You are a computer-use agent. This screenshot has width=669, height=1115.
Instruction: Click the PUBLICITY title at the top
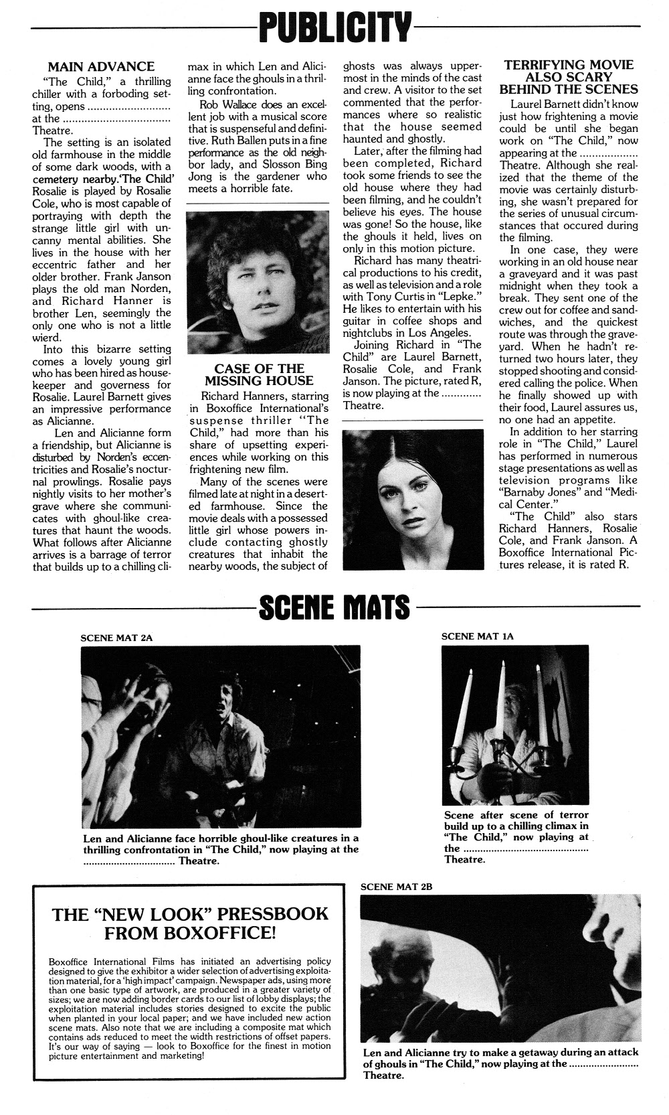coord(335,28)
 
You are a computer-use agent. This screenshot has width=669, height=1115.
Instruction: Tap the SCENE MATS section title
coord(334,607)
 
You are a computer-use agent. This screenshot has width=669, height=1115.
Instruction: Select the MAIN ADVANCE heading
coord(101,66)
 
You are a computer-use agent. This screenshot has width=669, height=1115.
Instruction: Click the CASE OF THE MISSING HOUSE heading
coord(259,374)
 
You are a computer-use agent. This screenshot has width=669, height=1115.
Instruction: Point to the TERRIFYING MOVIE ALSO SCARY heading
coord(569,76)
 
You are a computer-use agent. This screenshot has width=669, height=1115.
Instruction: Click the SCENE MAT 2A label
coord(116,638)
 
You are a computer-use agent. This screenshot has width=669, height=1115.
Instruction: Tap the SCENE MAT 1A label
coord(477,636)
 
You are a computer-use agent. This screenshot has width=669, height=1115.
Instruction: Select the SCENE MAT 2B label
coord(397,886)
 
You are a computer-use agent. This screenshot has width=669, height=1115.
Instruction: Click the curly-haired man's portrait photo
coord(258,283)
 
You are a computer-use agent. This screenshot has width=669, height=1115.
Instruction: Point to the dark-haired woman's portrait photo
coord(412,500)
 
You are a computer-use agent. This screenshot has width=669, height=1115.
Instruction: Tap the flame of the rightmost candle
coord(538,668)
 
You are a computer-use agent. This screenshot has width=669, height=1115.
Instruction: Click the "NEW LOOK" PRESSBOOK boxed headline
coord(191,923)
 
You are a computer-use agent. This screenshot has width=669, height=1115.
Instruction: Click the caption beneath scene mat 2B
coord(500,1064)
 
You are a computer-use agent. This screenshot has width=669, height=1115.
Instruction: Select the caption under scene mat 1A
coord(516,836)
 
